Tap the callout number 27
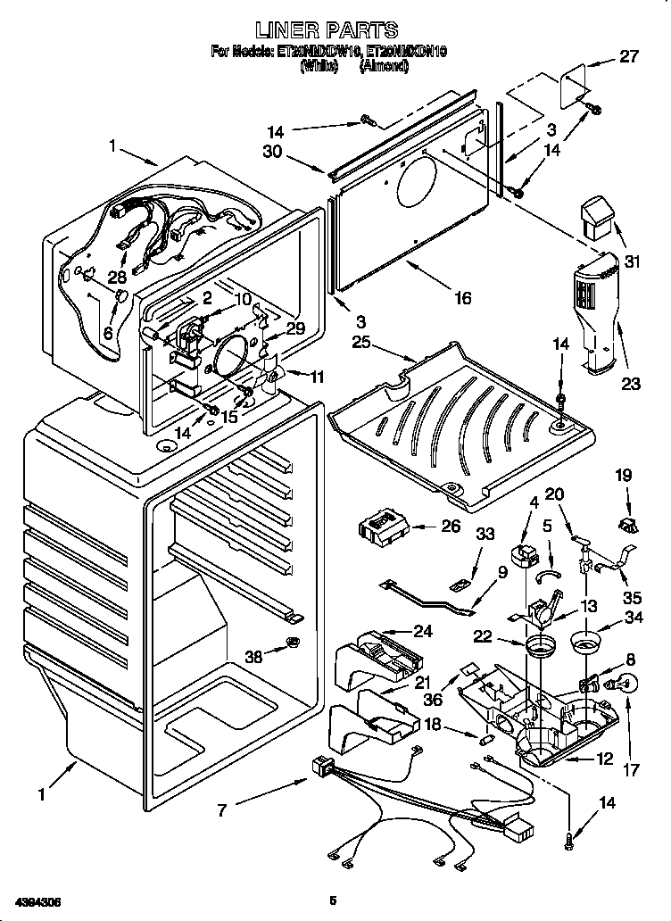pyautogui.click(x=629, y=57)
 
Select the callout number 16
pyautogui.click(x=462, y=299)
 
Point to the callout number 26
pyautogui.click(x=451, y=526)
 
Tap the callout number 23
pyautogui.click(x=632, y=386)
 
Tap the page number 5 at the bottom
pyautogui.click(x=332, y=900)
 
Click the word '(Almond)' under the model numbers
pyautogui.click(x=384, y=65)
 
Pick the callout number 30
pyautogui.click(x=272, y=152)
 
